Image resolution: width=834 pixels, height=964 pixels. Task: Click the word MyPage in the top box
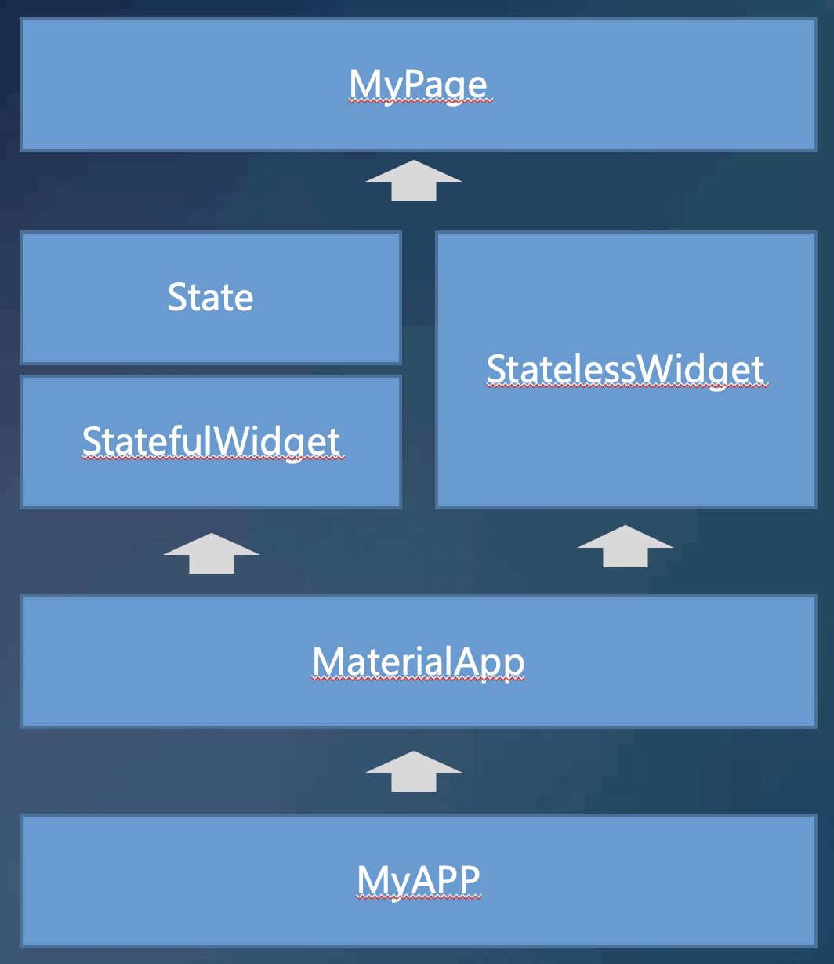419,85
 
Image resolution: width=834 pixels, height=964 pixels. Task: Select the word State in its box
210,298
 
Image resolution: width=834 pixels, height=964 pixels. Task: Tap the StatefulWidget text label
212,442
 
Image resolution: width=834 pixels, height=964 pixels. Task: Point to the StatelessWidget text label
625,370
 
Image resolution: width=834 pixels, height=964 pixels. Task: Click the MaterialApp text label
419,661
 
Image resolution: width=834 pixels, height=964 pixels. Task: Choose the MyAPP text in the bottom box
419,879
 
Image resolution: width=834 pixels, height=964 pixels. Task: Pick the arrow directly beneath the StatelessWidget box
625,546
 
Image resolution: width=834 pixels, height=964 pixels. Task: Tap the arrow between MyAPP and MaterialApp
414,771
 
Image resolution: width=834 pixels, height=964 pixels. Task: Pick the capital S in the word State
177,298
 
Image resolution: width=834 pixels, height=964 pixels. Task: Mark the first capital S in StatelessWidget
495,370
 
